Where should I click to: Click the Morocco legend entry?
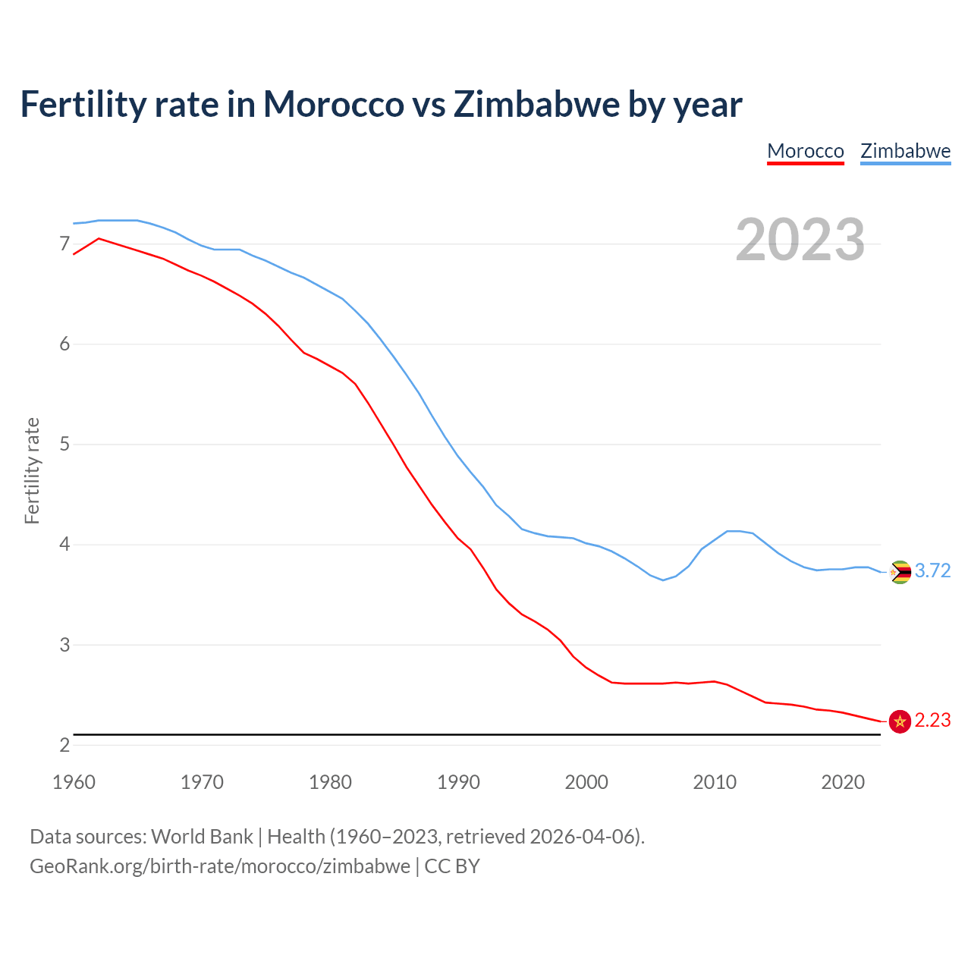[x=806, y=151]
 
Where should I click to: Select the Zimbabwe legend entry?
[x=905, y=151]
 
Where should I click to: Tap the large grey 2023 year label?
[x=800, y=240]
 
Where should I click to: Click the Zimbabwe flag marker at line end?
[x=900, y=572]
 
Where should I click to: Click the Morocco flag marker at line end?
[x=900, y=721]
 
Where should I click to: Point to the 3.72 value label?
[x=932, y=571]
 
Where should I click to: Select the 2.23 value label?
[x=932, y=721]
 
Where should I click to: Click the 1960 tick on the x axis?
[x=74, y=782]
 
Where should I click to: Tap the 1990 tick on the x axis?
[x=458, y=782]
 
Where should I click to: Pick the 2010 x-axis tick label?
[x=715, y=782]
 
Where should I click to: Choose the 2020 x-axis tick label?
[x=843, y=782]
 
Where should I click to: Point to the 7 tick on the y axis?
[x=64, y=244]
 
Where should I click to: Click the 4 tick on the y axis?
[x=64, y=545]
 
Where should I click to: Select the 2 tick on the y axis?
[x=64, y=745]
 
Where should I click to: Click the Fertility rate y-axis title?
[x=32, y=470]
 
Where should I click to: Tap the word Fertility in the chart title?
[x=83, y=104]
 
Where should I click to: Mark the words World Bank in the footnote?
[x=202, y=837]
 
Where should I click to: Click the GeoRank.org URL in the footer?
[x=219, y=866]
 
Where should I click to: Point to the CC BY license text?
[x=452, y=866]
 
